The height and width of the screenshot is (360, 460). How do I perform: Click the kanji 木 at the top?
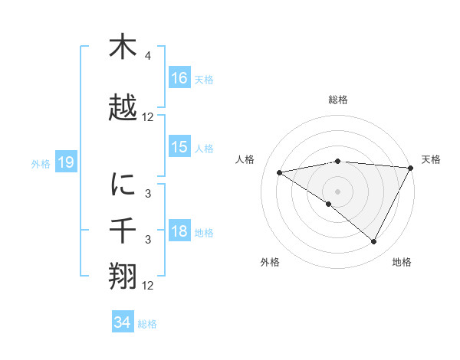(123, 47)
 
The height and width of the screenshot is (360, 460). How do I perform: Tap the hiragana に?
(123, 184)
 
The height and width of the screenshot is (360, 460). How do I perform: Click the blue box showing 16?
(179, 78)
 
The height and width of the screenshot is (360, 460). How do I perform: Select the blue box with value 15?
(179, 147)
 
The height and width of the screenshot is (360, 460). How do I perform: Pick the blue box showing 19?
(66, 162)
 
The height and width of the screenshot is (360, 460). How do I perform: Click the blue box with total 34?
(123, 322)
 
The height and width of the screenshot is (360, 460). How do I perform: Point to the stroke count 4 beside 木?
(148, 56)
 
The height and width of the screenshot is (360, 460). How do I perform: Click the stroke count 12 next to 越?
(148, 117)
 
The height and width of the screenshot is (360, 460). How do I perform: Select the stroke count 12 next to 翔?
(148, 286)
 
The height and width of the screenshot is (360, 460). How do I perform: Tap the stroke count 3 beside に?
(148, 194)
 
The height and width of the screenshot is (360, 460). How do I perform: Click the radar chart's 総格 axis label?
(337, 100)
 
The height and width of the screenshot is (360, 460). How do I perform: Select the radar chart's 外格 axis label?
(270, 262)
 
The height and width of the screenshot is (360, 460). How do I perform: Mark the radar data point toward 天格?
(412, 168)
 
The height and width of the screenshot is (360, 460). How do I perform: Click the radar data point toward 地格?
(374, 241)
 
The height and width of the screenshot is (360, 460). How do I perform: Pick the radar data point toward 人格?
(280, 172)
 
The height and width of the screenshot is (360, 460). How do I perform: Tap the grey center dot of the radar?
(337, 190)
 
